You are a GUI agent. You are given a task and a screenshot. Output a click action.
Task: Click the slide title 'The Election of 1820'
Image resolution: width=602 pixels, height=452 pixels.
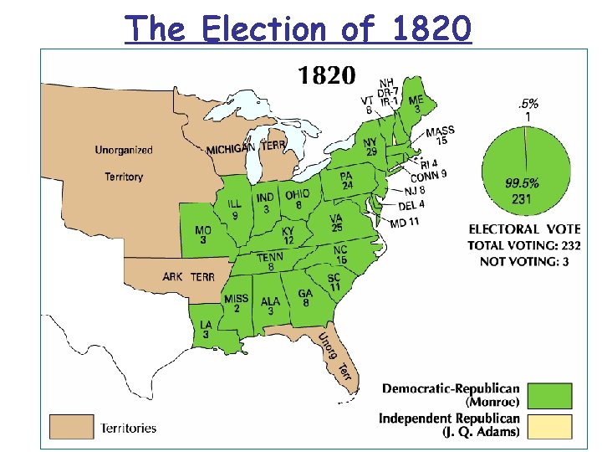298,28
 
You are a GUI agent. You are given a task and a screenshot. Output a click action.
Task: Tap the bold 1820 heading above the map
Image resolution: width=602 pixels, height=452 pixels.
326,75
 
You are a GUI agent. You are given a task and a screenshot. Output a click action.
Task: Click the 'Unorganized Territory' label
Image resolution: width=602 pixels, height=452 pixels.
124,163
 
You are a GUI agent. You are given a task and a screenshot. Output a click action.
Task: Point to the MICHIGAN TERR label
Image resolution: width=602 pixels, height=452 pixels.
246,146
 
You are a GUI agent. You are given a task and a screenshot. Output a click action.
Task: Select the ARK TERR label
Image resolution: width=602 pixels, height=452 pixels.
188,277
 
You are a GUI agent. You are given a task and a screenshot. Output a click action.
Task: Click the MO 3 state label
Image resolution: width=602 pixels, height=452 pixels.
203,235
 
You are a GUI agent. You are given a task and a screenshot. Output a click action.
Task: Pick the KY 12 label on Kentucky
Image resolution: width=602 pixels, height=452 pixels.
288,235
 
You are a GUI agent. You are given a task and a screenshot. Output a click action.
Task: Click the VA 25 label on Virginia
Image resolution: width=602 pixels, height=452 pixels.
336,223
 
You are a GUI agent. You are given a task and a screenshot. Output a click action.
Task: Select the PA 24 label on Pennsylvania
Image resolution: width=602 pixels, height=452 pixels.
346,181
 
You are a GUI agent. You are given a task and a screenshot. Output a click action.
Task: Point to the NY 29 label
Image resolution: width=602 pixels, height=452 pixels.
370,146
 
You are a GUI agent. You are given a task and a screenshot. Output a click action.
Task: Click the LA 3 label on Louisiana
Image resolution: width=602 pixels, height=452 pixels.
205,330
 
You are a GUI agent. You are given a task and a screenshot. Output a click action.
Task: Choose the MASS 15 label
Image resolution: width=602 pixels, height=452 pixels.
441,136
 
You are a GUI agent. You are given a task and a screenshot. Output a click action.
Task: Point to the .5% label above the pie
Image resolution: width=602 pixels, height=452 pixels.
528,105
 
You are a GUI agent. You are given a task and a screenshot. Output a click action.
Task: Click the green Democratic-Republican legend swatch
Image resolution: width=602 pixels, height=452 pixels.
550,395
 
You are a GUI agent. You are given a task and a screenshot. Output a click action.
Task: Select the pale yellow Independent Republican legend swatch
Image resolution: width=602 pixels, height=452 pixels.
550,425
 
